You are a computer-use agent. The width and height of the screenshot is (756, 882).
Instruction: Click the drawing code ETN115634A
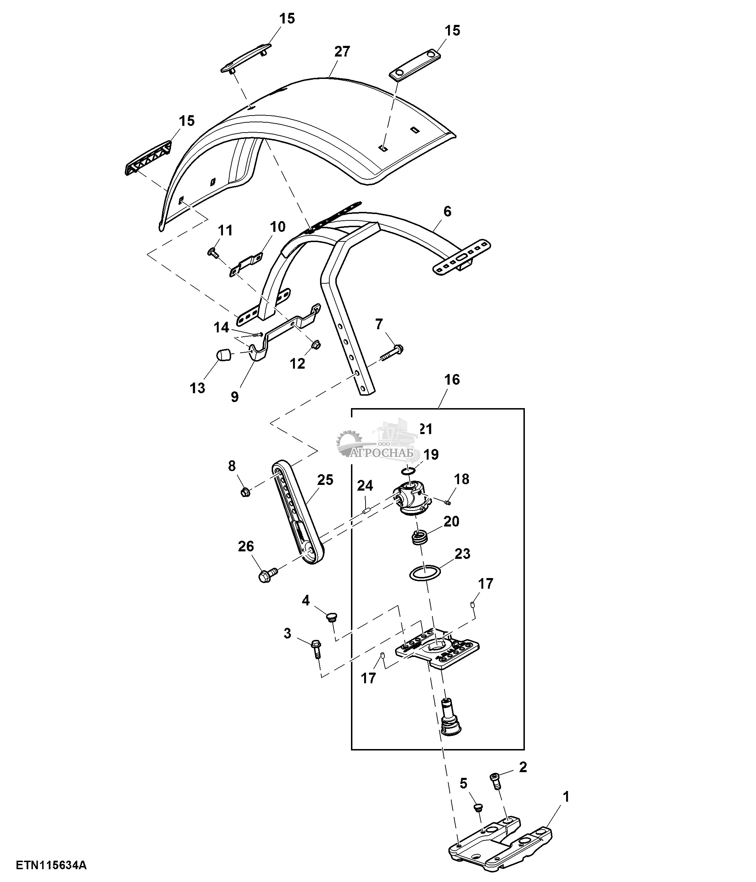point(51,865)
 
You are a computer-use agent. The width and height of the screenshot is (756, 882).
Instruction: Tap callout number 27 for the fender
point(342,52)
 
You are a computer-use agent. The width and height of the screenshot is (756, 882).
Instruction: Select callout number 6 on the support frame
point(447,211)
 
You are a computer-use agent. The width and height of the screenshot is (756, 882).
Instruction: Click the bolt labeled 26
point(266,576)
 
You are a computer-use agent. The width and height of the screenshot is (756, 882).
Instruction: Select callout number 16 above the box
point(452,379)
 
